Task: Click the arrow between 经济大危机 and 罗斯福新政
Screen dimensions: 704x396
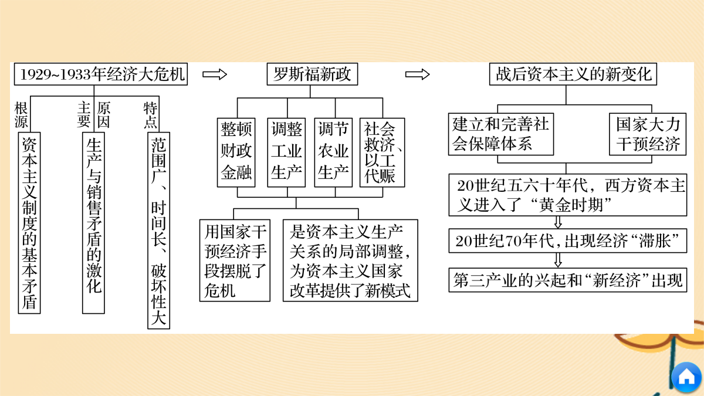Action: tap(215, 75)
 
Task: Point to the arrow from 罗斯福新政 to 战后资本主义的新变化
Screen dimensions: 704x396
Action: tap(417, 75)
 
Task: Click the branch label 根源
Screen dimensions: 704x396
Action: tap(21, 115)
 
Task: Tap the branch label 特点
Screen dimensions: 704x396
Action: tap(150, 115)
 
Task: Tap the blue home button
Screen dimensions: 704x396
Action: tap(686, 377)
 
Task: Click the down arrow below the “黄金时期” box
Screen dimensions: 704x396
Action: tap(558, 222)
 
